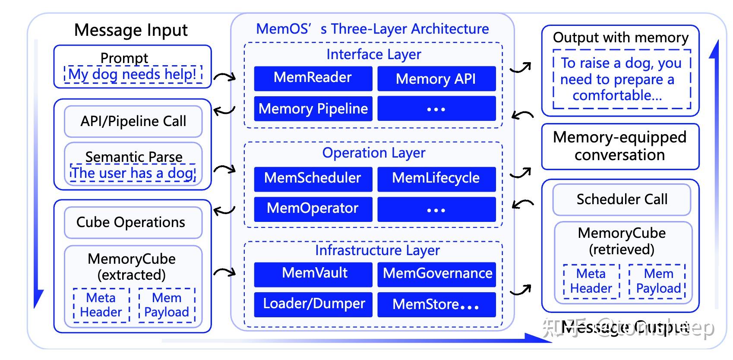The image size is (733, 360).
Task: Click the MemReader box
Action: (x=313, y=78)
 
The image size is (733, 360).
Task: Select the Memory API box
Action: (x=436, y=79)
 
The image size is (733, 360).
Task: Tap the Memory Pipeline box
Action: (x=313, y=108)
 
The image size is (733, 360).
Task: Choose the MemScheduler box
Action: (x=313, y=179)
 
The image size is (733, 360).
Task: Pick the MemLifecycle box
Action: (x=436, y=179)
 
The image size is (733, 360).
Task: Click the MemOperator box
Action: (x=313, y=209)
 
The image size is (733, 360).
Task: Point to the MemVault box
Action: (x=313, y=274)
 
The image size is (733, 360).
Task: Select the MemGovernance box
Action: (x=436, y=274)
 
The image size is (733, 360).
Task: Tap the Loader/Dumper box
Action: (x=313, y=304)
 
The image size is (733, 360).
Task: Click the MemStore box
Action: (x=436, y=305)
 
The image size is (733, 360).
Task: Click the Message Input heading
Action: (x=131, y=30)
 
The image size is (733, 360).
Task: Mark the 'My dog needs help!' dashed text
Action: (x=133, y=75)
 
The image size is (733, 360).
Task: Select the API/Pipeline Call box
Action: (x=133, y=121)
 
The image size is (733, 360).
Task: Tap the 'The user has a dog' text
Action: (x=133, y=173)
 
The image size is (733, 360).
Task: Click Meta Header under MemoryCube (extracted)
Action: (x=101, y=305)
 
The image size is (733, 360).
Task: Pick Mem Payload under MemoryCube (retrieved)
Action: (x=658, y=281)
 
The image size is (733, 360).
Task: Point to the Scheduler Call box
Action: (x=622, y=199)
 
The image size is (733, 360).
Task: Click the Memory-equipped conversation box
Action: (x=620, y=146)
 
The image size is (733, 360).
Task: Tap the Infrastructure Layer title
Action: (x=377, y=250)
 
